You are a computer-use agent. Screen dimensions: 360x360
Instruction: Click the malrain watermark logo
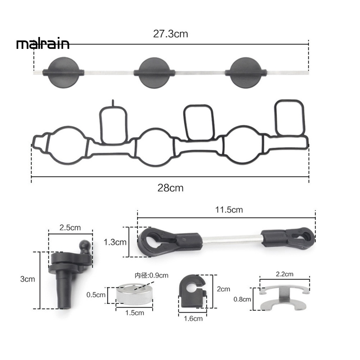tap(43, 44)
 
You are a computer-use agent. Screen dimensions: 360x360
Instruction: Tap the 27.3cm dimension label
tap(171, 34)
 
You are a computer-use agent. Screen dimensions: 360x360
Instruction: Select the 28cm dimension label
tap(171, 188)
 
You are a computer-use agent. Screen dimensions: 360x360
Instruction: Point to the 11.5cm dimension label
tap(229, 210)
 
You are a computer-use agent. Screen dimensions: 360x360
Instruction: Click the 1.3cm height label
tap(115, 242)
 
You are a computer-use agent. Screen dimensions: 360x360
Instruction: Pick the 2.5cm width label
tap(70, 227)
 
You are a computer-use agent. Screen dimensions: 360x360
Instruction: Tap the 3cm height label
tap(27, 279)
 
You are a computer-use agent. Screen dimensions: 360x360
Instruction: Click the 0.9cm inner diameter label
tap(152, 275)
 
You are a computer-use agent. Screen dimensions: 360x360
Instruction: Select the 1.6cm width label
tap(193, 319)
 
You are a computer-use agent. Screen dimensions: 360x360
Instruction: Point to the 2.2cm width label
tap(284, 274)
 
